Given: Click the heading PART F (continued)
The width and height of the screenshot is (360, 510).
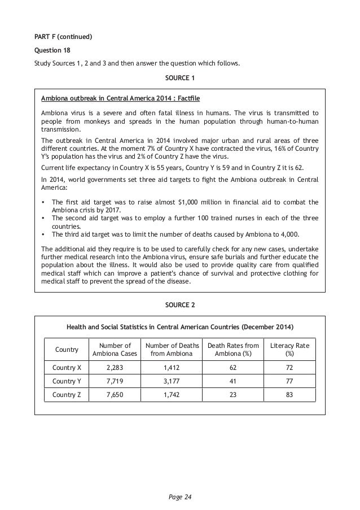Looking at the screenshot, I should click(x=62, y=37).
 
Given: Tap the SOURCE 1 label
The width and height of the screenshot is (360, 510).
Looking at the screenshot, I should click(x=179, y=77).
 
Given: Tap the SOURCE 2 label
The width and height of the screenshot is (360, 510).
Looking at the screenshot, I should click(x=179, y=305).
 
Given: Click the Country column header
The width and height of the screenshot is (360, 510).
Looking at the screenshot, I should click(x=67, y=350).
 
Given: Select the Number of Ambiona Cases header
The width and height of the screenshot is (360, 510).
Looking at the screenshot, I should click(x=111, y=350).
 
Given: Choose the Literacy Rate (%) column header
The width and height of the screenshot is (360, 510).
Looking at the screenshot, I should click(x=289, y=350).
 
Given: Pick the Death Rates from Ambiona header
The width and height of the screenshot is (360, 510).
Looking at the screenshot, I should click(x=233, y=350).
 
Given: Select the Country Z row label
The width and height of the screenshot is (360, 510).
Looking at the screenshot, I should click(x=67, y=395).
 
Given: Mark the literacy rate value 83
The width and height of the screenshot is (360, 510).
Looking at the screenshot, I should click(x=289, y=395).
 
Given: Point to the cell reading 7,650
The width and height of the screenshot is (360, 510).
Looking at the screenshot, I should click(x=111, y=395).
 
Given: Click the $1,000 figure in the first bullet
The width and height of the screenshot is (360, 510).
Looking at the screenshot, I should click(x=187, y=202).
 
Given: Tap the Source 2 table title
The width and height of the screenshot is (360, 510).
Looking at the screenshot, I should click(x=179, y=327).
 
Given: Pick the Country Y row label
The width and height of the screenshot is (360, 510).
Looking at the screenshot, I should click(x=67, y=381).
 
